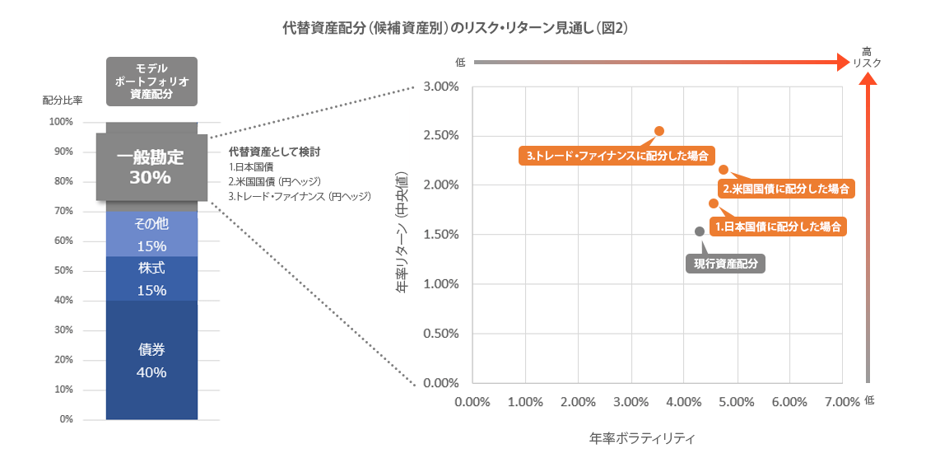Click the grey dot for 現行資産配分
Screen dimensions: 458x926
tap(700, 231)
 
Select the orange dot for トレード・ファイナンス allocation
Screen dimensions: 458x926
tap(659, 131)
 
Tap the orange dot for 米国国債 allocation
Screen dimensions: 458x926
tap(724, 170)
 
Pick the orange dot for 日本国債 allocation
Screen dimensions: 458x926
tap(714, 203)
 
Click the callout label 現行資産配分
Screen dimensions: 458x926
tap(725, 264)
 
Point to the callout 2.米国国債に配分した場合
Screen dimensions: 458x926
tap(786, 189)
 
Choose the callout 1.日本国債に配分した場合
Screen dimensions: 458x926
tap(778, 226)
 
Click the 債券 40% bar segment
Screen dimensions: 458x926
tap(151, 360)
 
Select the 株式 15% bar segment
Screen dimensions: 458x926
tap(151, 278)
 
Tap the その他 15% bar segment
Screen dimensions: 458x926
tap(151, 234)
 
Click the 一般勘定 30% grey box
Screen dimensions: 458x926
tap(151, 166)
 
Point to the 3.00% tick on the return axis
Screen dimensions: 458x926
tap(440, 86)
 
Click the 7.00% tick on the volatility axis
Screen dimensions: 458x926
tap(840, 401)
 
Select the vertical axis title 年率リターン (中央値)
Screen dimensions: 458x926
tap(403, 235)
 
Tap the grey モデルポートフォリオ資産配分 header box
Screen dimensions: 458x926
tap(151, 81)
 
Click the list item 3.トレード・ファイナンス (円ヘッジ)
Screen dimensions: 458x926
tap(300, 196)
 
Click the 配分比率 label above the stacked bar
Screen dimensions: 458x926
tap(63, 100)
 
